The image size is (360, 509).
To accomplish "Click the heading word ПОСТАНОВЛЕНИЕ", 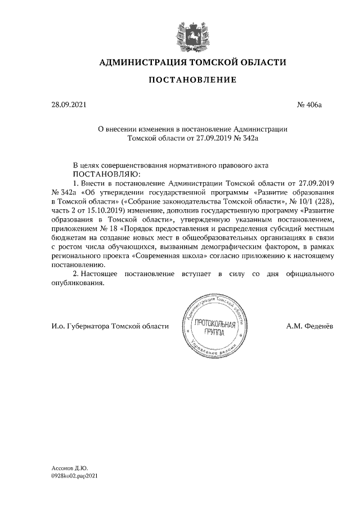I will click(x=192, y=80).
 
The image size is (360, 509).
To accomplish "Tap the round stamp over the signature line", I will click(x=214, y=327).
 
